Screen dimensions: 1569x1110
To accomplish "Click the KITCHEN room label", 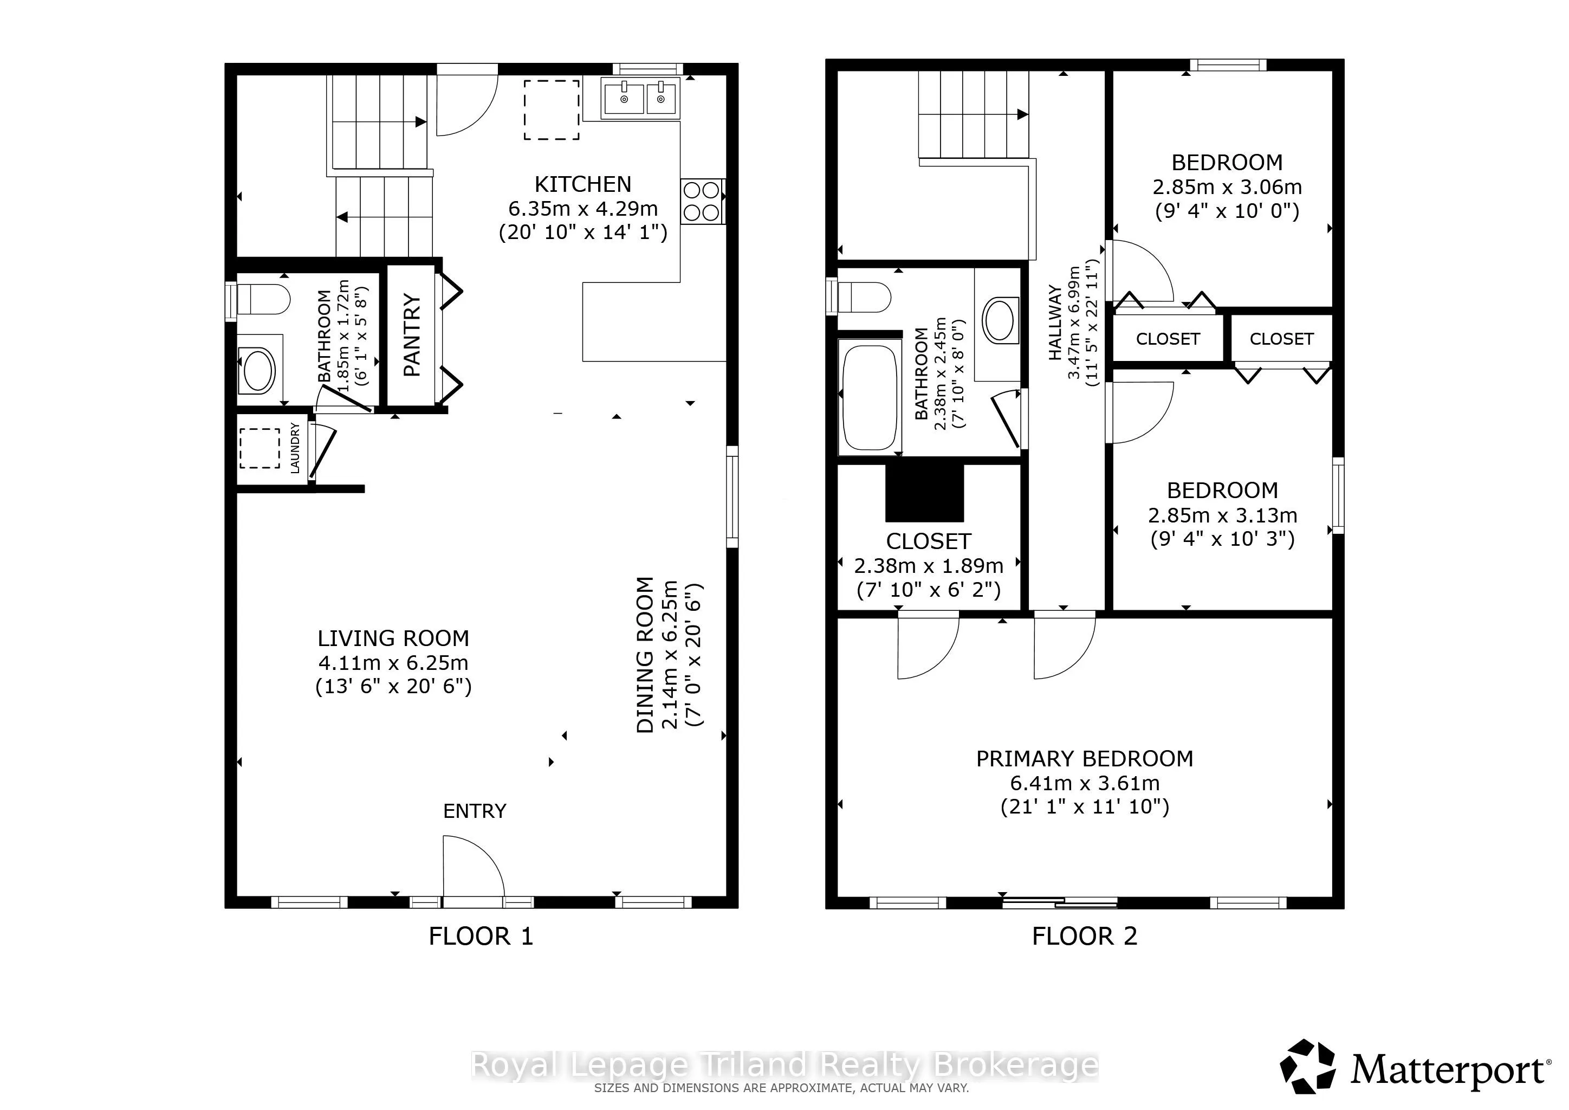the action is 583,184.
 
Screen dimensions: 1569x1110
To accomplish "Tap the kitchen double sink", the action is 641,99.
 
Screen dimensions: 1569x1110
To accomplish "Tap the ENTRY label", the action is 474,811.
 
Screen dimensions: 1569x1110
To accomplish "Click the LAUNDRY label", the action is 295,448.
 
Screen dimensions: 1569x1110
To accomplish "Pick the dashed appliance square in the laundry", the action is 259,448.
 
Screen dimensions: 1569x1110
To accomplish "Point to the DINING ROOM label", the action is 646,655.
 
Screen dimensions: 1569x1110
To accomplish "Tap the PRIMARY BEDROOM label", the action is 1085,759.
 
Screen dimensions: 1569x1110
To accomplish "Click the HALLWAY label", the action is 1056,322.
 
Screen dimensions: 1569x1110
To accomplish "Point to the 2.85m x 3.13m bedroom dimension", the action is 1223,515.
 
